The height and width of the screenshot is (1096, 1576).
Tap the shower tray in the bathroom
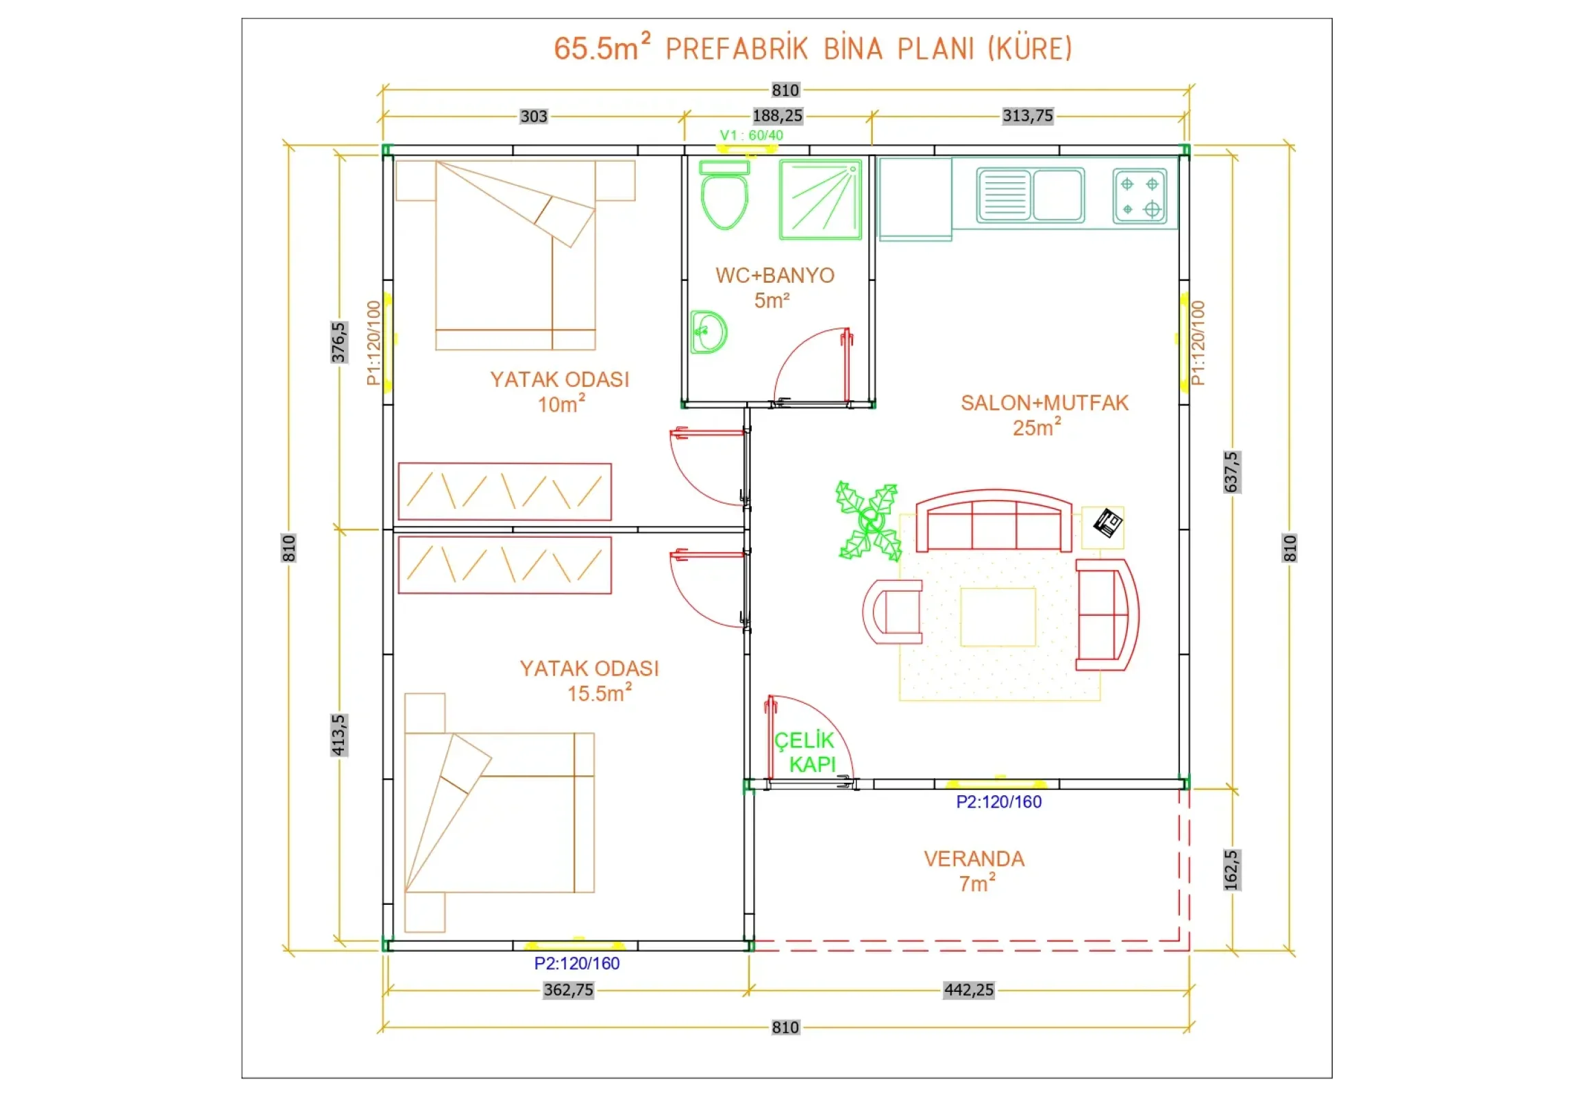(x=820, y=200)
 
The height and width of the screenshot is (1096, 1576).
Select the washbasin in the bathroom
(x=709, y=332)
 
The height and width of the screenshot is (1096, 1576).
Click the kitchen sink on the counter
(x=1031, y=196)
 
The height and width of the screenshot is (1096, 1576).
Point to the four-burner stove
(x=1140, y=197)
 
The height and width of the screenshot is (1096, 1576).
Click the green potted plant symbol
(x=868, y=521)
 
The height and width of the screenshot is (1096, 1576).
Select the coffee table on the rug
(x=998, y=617)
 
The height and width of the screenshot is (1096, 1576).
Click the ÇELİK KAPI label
(x=804, y=752)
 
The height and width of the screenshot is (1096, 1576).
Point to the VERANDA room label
(x=974, y=858)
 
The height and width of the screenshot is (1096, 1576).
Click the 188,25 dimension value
(x=778, y=116)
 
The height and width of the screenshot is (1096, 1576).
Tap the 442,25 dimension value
(x=968, y=990)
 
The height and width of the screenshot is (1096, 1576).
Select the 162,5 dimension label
(x=1231, y=870)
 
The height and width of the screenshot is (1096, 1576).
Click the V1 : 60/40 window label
(x=751, y=135)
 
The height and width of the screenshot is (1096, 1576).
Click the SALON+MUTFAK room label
(x=1044, y=403)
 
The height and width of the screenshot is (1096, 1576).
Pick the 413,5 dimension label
(x=339, y=735)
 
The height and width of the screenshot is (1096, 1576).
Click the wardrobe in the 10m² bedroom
(x=504, y=491)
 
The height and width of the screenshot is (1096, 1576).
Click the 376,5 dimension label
(x=339, y=342)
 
